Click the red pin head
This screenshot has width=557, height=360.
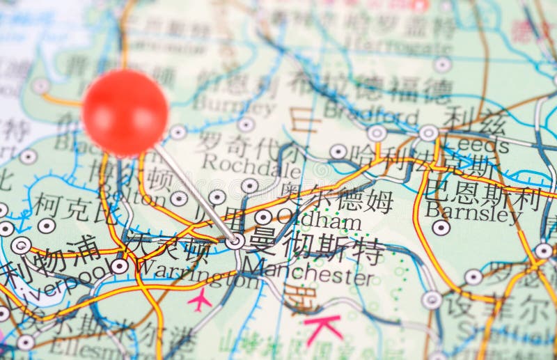(125, 112)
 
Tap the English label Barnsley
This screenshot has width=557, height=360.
(473, 212)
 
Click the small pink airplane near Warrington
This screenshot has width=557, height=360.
(200, 300)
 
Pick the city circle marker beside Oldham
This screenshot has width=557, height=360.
(263, 217)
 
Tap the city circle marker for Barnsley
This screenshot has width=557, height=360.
(441, 228)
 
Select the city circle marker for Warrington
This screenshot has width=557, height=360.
(119, 266)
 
